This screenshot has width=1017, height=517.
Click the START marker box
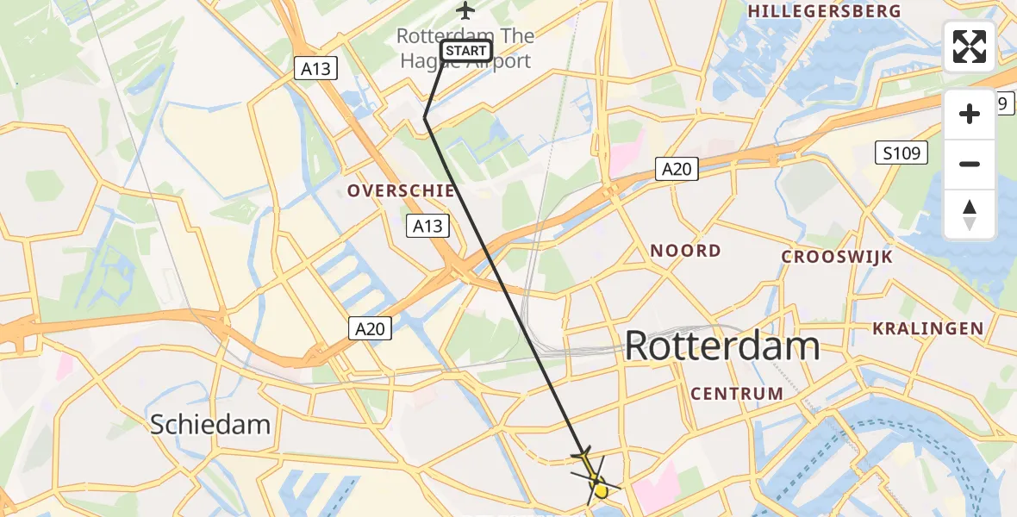[466, 51]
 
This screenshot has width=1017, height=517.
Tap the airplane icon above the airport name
[465, 11]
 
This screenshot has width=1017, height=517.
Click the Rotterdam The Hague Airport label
[465, 48]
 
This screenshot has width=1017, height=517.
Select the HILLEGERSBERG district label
[825, 11]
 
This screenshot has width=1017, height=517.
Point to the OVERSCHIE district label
[401, 190]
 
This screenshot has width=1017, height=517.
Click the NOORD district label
[685, 251]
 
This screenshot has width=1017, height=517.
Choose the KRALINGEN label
[927, 328]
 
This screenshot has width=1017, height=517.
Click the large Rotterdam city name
[721, 346]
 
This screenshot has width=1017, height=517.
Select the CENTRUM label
[737, 394]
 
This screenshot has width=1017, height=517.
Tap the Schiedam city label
[210, 424]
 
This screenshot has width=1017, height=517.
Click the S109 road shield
[902, 154]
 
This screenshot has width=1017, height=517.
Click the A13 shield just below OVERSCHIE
[427, 226]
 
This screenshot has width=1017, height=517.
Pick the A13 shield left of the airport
[316, 69]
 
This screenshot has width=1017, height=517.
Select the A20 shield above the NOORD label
[676, 169]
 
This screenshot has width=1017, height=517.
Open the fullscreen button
[970, 47]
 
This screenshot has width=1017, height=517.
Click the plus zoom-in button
[970, 114]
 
